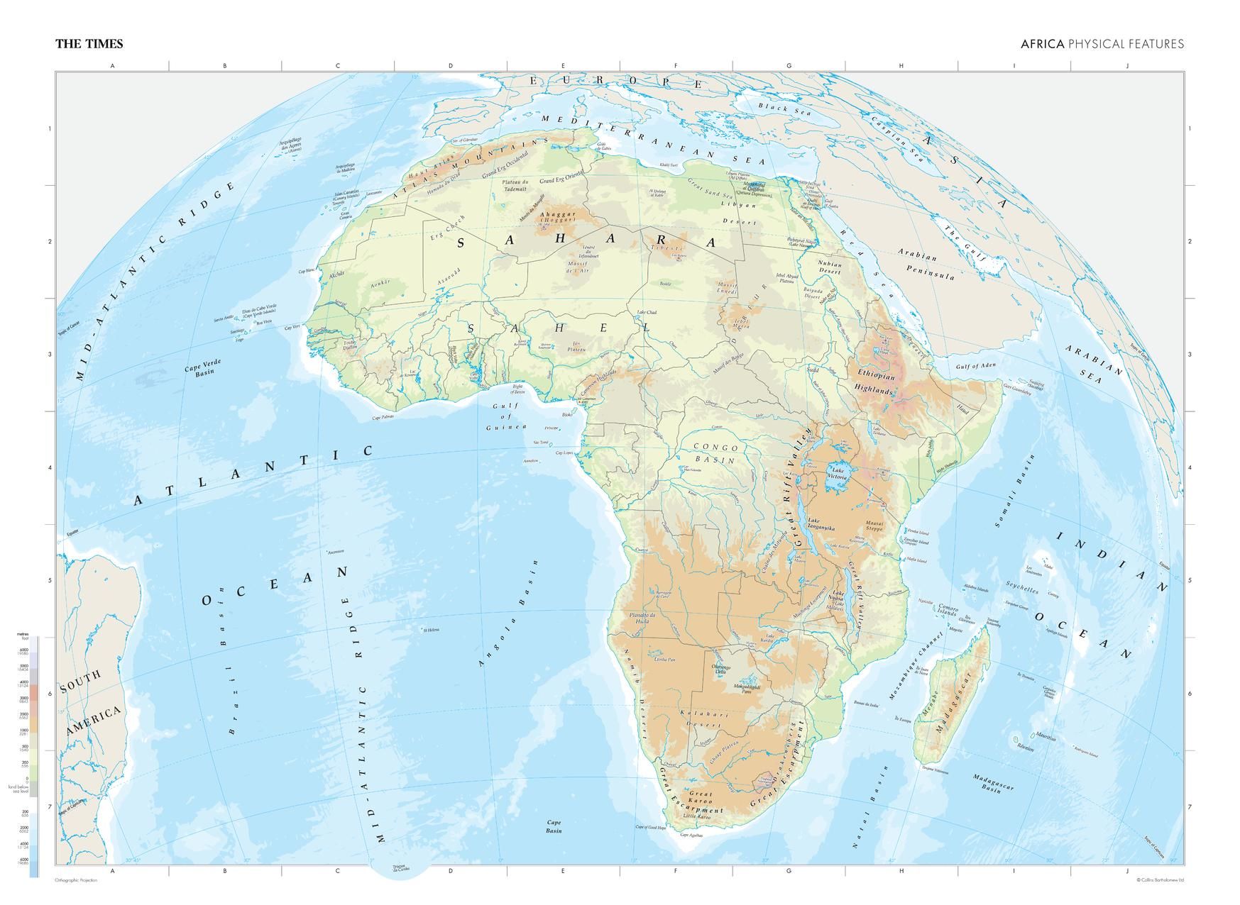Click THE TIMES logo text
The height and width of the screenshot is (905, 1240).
[x=89, y=44]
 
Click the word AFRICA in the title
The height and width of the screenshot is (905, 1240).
[x=1042, y=44]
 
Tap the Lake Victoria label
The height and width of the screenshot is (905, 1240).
[x=839, y=474]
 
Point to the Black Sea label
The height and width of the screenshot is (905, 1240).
[x=784, y=109]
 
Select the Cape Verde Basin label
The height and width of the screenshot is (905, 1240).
[x=203, y=366]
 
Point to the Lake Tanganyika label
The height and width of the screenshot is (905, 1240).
[x=821, y=524]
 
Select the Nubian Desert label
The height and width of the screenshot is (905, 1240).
[x=829, y=267]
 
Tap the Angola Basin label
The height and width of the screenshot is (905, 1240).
[x=509, y=613]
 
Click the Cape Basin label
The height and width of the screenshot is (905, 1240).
[x=554, y=826]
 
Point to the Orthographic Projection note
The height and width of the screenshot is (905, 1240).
[x=76, y=880]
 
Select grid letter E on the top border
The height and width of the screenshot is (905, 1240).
[x=563, y=66]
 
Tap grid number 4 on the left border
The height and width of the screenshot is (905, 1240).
[x=50, y=467]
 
